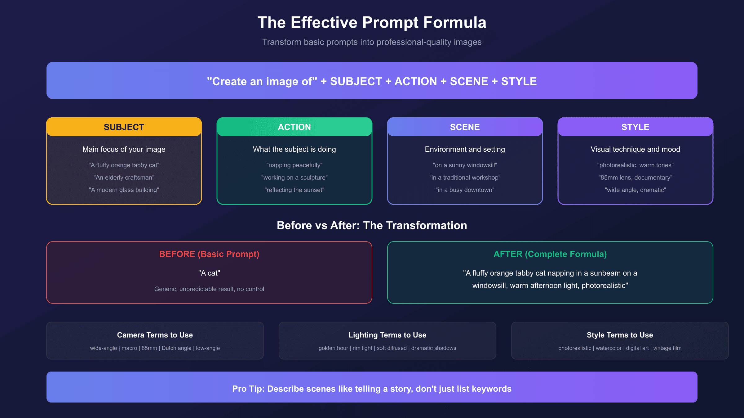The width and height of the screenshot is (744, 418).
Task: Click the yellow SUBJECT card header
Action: [x=124, y=127]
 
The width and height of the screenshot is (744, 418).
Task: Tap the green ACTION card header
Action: [x=294, y=127]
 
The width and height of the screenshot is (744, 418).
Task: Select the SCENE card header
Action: [x=465, y=127]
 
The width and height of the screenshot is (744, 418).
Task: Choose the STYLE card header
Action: [x=635, y=127]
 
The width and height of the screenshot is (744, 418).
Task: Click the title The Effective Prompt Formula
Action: [x=372, y=23]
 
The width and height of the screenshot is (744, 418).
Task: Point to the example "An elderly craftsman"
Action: [x=124, y=177]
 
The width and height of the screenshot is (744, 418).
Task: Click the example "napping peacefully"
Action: [x=294, y=165]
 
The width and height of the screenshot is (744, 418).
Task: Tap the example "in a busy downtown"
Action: [x=465, y=190]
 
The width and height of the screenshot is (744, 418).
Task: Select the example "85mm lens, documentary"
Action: [x=635, y=177]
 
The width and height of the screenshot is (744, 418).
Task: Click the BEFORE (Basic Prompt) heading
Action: [x=209, y=254]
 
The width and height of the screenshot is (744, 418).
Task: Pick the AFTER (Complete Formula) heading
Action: [x=550, y=254]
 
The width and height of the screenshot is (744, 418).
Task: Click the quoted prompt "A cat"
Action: [x=209, y=273]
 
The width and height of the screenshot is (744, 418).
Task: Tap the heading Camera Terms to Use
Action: [x=155, y=335]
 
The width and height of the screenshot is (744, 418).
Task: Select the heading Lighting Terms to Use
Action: [x=387, y=335]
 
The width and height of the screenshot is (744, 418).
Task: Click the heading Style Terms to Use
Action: [x=620, y=335]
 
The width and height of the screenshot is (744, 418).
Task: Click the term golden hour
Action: [x=333, y=348]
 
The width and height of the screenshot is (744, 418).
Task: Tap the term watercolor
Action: [x=609, y=348]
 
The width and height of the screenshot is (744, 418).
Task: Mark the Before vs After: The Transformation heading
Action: [x=372, y=225]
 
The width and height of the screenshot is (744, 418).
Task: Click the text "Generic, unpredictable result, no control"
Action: [x=209, y=289]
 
